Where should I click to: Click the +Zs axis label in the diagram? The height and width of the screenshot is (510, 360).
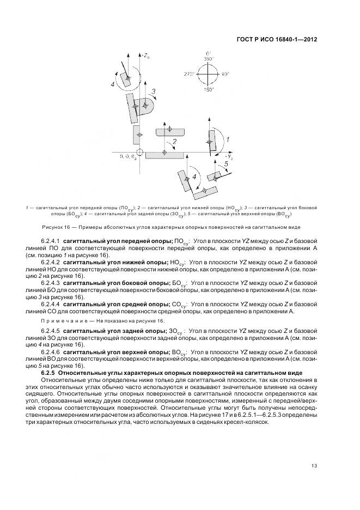coord(147,54)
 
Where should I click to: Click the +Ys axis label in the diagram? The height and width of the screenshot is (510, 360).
coord(230,156)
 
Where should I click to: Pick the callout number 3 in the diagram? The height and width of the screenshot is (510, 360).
coord(154,91)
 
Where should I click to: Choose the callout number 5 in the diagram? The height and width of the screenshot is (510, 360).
coord(225,163)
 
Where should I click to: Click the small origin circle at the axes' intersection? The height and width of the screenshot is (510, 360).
coord(140,152)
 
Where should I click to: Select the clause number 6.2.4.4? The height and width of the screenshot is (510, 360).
coord(50,304)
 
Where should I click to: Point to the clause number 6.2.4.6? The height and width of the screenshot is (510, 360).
coord(50,353)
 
